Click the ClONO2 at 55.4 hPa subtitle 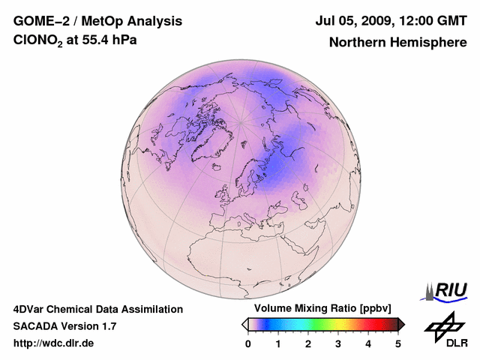[x=75, y=40]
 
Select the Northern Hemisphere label [x=397, y=42]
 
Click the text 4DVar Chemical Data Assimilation [x=97, y=309]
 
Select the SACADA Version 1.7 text [x=64, y=326]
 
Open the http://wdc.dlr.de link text [x=53, y=343]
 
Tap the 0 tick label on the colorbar [x=248, y=343]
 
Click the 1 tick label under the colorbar [x=278, y=343]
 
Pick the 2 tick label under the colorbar [x=308, y=343]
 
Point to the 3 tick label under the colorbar [x=338, y=343]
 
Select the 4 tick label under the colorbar [x=368, y=343]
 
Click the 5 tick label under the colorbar [x=398, y=343]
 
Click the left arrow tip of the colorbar [x=244, y=324]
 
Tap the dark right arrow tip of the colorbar [x=402, y=324]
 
